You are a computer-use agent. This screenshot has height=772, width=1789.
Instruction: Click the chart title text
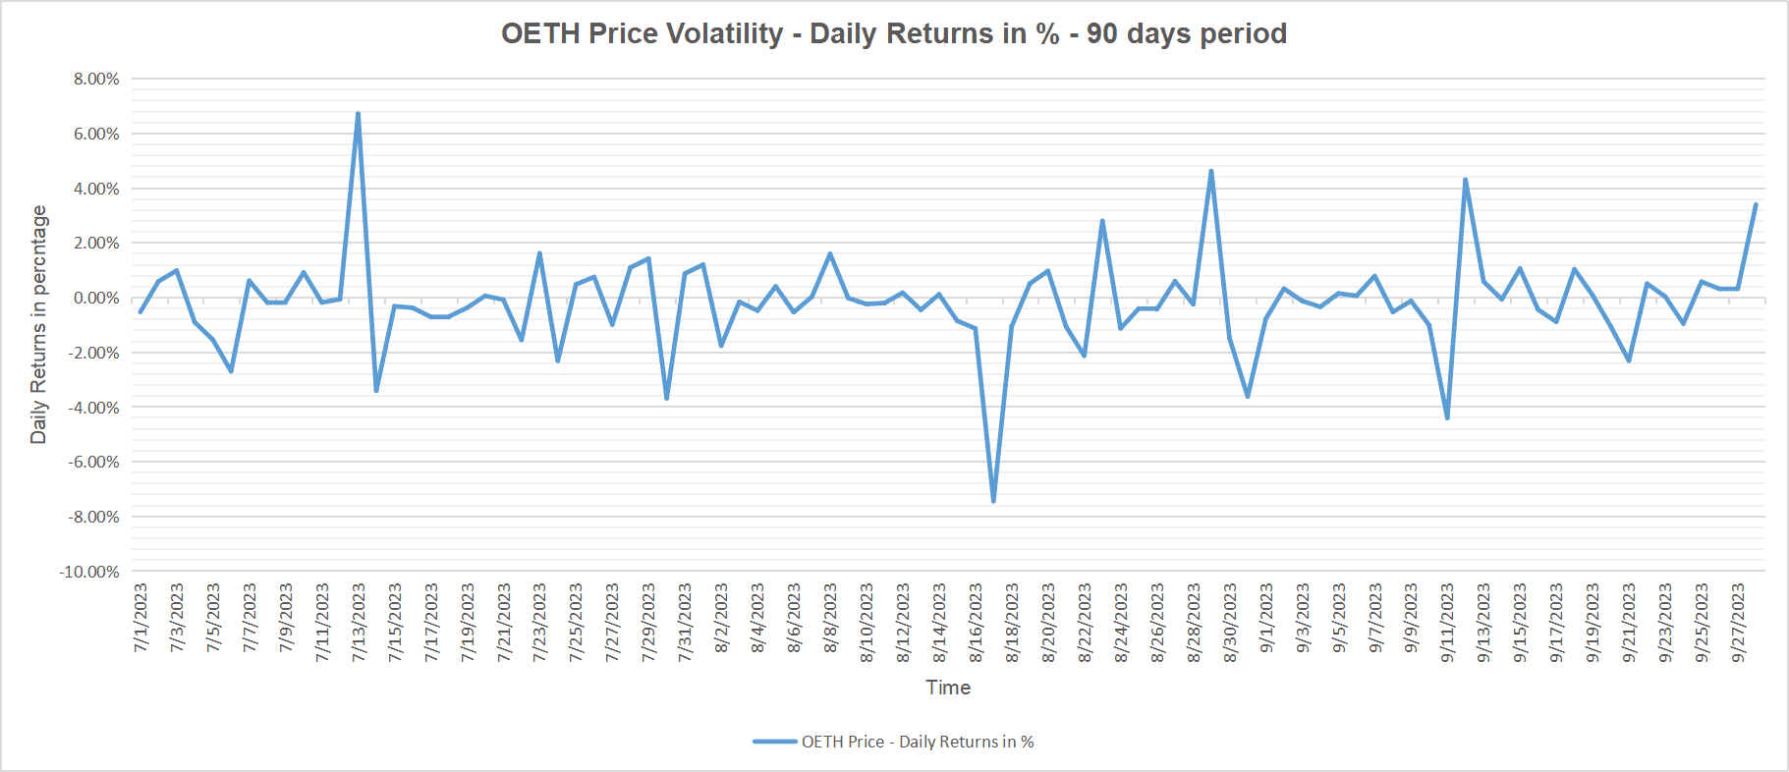tap(894, 33)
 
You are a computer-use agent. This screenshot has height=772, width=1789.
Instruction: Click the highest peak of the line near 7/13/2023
tap(358, 114)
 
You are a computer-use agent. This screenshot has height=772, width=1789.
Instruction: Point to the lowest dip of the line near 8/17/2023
tap(993, 501)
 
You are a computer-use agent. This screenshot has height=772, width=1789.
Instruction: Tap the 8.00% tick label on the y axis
tap(96, 79)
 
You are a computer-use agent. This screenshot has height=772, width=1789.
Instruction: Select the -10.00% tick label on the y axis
tap(90, 572)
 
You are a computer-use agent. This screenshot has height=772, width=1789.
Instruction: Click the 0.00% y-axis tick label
tap(96, 298)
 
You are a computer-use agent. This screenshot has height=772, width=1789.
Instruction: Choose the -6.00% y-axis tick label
tap(94, 462)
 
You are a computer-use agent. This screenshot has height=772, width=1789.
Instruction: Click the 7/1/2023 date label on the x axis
tap(140, 617)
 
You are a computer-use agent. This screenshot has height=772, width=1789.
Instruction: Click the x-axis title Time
tap(948, 688)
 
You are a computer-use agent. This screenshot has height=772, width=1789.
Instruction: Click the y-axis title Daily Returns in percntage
tap(39, 324)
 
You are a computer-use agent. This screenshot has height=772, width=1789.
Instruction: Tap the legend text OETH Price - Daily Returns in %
tap(918, 742)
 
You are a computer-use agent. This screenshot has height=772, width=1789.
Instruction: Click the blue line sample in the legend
tap(775, 742)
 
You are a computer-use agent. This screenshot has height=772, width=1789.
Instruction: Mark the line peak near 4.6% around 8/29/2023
tap(1211, 171)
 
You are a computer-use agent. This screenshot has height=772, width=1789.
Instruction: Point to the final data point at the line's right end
tap(1756, 204)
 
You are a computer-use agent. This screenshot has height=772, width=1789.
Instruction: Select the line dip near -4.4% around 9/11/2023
tap(1447, 417)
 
